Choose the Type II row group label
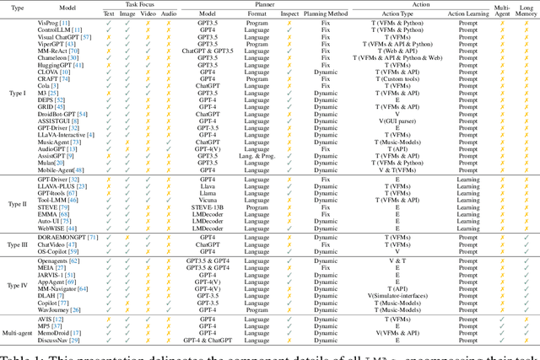pyautogui.click(x=23, y=204)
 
